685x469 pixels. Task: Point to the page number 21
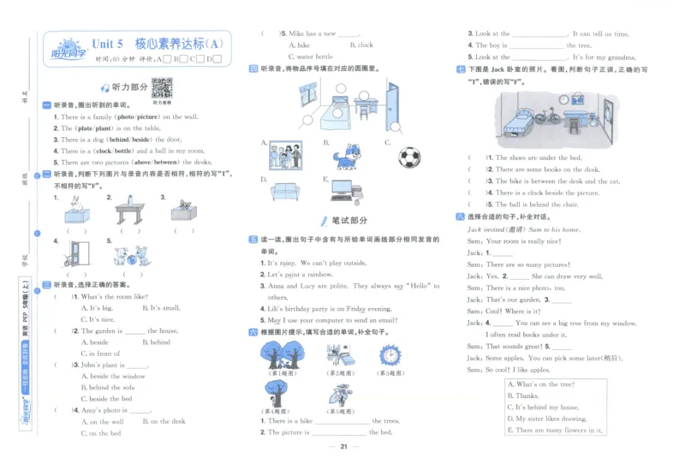pos(342,447)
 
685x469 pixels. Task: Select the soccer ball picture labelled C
pos(409,157)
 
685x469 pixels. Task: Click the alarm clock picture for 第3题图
pos(390,353)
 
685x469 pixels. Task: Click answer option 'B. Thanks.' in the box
pos(523,396)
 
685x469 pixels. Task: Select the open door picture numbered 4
pos(80,252)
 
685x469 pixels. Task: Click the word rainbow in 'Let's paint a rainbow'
pos(319,275)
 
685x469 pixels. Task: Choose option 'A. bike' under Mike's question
pos(300,45)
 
